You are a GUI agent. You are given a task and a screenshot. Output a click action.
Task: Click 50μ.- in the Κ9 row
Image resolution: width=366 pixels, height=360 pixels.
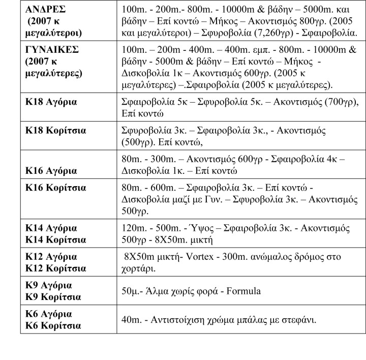[x=134, y=291]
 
